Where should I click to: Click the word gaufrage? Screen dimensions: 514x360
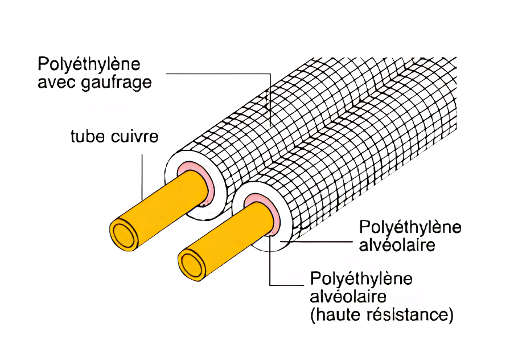tap(116, 83)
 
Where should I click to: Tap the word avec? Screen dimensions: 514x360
tap(57, 83)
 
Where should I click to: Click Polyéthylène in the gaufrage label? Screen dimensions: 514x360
tap(89, 64)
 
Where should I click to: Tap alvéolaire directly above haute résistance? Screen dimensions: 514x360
tap(348, 297)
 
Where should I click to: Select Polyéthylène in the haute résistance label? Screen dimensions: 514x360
tap(361, 280)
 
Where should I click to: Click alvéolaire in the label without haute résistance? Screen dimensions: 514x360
tap(397, 244)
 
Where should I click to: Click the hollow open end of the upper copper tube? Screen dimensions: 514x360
tap(124, 234)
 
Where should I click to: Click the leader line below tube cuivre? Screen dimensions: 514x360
tap(142, 177)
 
